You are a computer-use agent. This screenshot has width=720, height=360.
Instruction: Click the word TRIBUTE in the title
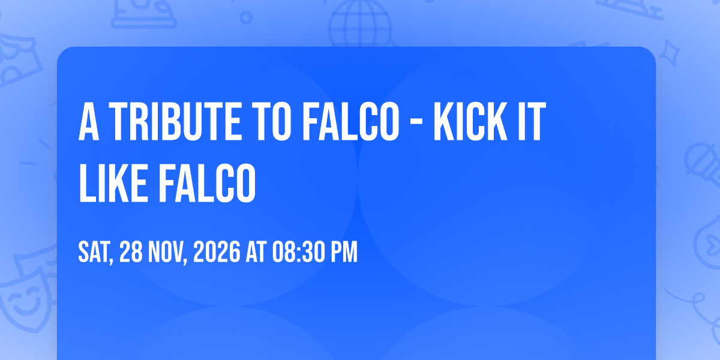pyautogui.click(x=175, y=121)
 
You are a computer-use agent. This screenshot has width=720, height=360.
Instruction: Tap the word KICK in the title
pyautogui.click(x=470, y=121)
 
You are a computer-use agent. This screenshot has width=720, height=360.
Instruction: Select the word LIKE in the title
pyautogui.click(x=114, y=183)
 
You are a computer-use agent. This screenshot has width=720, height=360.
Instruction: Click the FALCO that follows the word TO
pyautogui.click(x=351, y=121)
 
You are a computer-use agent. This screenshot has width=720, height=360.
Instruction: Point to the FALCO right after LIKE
pyautogui.click(x=208, y=183)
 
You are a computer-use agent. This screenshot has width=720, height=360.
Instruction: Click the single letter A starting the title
pyautogui.click(x=89, y=121)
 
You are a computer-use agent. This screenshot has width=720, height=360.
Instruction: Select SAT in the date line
pyautogui.click(x=95, y=253)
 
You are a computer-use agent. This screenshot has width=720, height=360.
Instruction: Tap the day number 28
pyautogui.click(x=131, y=253)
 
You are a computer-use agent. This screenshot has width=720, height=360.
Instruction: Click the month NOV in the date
pyautogui.click(x=167, y=253)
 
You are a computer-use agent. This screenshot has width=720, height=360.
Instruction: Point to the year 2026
pyautogui.click(x=217, y=253)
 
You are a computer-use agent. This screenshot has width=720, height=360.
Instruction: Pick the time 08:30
pyautogui.click(x=298, y=253)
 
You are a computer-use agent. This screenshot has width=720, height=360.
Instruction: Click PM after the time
pyautogui.click(x=344, y=253)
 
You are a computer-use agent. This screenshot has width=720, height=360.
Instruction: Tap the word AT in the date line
pyautogui.click(x=256, y=253)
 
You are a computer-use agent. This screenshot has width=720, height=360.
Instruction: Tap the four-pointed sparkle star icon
pyautogui.click(x=669, y=53)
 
